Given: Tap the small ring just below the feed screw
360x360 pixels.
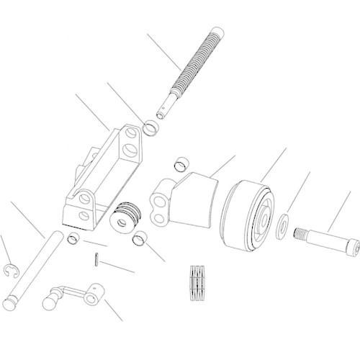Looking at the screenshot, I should coord(151,129).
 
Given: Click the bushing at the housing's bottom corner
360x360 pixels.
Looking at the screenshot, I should coord(73,238).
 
